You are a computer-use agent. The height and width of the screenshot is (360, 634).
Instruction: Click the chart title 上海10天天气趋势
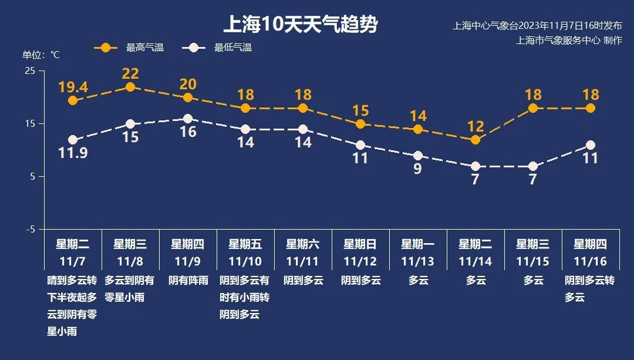[300, 25]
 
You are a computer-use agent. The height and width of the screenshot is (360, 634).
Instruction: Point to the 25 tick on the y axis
[30, 70]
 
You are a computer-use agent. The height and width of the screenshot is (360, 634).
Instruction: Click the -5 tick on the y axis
[30, 229]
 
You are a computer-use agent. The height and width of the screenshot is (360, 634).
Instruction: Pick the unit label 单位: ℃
[41, 55]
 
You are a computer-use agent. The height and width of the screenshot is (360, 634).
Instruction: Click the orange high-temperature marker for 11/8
[130, 87]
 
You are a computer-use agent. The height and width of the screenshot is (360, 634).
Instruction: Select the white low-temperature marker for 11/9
[188, 119]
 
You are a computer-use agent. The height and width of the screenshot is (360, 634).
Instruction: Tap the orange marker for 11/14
[475, 140]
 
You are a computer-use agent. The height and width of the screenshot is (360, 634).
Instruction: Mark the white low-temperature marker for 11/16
[591, 145]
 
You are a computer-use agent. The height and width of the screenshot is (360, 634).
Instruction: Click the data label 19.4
[73, 88]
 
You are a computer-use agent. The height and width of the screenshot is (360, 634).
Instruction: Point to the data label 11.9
[73, 153]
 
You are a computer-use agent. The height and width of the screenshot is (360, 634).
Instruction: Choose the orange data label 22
[130, 73]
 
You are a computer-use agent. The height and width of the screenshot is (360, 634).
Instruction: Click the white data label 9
[418, 169]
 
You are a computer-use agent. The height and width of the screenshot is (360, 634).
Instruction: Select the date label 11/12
[360, 261]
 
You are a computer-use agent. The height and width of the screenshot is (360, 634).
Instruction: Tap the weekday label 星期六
[303, 244]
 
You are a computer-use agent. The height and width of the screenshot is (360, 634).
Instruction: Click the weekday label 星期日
[360, 244]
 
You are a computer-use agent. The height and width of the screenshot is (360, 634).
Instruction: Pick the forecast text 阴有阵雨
[188, 280]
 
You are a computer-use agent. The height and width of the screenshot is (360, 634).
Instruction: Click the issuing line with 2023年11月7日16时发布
[537, 26]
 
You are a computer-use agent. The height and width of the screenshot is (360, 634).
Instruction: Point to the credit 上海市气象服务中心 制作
[568, 40]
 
